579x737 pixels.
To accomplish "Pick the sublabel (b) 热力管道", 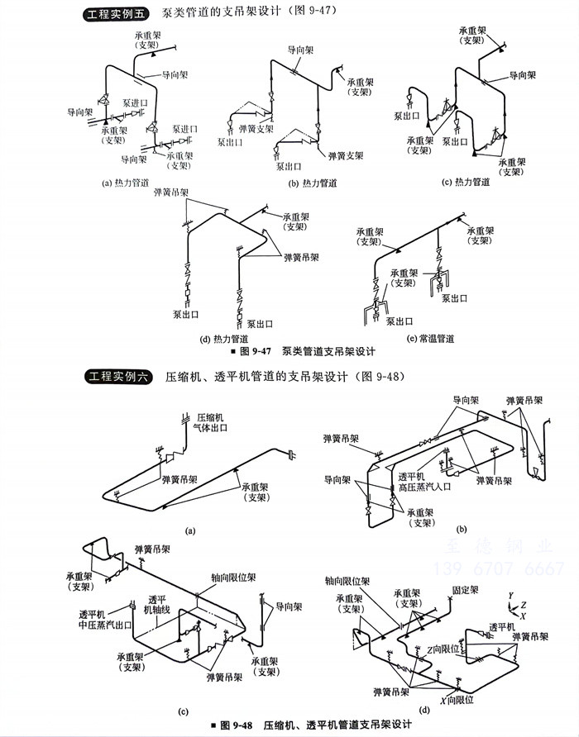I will pos(312,183).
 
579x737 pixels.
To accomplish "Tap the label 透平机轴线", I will pos(157,605).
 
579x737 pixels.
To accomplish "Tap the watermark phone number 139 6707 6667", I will pos(500,568).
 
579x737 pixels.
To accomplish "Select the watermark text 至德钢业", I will pos(500,547).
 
